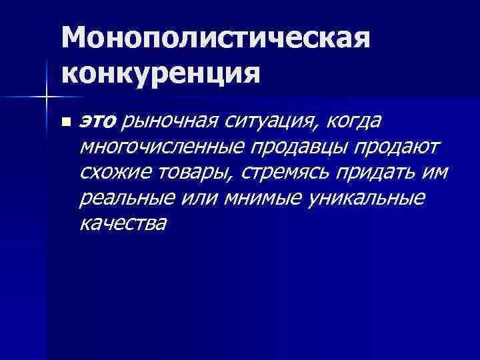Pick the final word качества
coord(122,223)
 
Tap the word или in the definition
coord(192,198)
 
